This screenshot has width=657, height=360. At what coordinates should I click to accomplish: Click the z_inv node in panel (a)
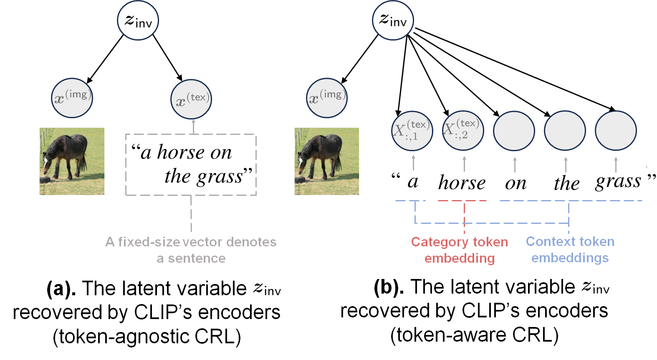[x=138, y=20]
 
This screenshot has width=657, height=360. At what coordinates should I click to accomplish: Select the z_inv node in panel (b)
[x=392, y=20]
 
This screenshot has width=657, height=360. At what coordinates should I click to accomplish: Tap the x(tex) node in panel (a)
[x=191, y=99]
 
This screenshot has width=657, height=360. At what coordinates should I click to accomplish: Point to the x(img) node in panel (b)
[x=327, y=98]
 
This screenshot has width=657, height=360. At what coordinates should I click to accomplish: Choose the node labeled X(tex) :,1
[x=412, y=131]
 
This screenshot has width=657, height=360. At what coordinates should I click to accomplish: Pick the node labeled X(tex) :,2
[x=463, y=130]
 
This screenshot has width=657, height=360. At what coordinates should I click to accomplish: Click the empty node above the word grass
[x=616, y=131]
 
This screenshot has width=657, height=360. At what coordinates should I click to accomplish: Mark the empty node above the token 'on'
[x=514, y=131]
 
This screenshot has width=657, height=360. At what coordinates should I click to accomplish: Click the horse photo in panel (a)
[x=72, y=161]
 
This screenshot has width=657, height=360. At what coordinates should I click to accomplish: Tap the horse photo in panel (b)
[x=327, y=161]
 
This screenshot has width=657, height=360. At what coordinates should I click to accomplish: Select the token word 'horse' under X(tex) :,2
[x=462, y=183]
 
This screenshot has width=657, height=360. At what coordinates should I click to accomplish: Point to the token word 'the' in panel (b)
[x=566, y=183]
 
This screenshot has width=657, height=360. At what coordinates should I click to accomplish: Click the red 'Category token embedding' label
[x=460, y=250]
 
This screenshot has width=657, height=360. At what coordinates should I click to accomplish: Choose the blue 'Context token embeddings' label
[x=570, y=249]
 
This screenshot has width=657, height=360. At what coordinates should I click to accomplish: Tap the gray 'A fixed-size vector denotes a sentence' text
[x=191, y=250]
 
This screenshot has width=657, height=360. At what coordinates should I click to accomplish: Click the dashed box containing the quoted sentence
[x=191, y=165]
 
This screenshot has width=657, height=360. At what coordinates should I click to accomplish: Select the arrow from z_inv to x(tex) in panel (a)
[x=167, y=58]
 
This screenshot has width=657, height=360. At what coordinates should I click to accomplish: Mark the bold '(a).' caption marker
[x=61, y=289]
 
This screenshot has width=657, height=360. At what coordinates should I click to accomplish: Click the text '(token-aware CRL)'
[x=474, y=335]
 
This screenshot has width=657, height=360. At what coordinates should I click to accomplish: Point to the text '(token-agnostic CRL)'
[x=147, y=337]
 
